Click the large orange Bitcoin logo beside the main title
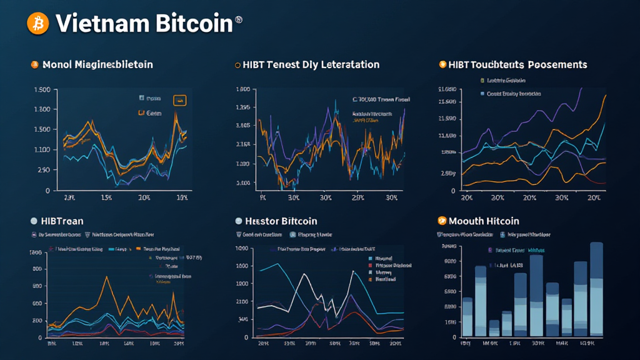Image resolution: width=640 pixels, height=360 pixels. point(37,24)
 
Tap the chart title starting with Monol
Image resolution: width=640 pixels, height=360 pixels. point(97,64)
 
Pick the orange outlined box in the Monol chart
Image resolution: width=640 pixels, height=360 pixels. point(180,100)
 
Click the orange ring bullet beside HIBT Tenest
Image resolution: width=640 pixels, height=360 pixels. point(237,65)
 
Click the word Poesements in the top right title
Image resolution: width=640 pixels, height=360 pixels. point(557,64)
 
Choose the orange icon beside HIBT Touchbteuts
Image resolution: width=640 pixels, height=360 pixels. point(443,64)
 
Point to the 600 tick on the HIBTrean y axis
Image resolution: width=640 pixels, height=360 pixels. point(36,304)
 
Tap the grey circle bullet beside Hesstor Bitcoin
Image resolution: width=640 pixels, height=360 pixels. point(238,221)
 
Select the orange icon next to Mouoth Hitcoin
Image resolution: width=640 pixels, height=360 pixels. point(442,221)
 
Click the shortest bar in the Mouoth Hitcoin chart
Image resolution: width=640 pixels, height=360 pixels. point(494,329)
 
